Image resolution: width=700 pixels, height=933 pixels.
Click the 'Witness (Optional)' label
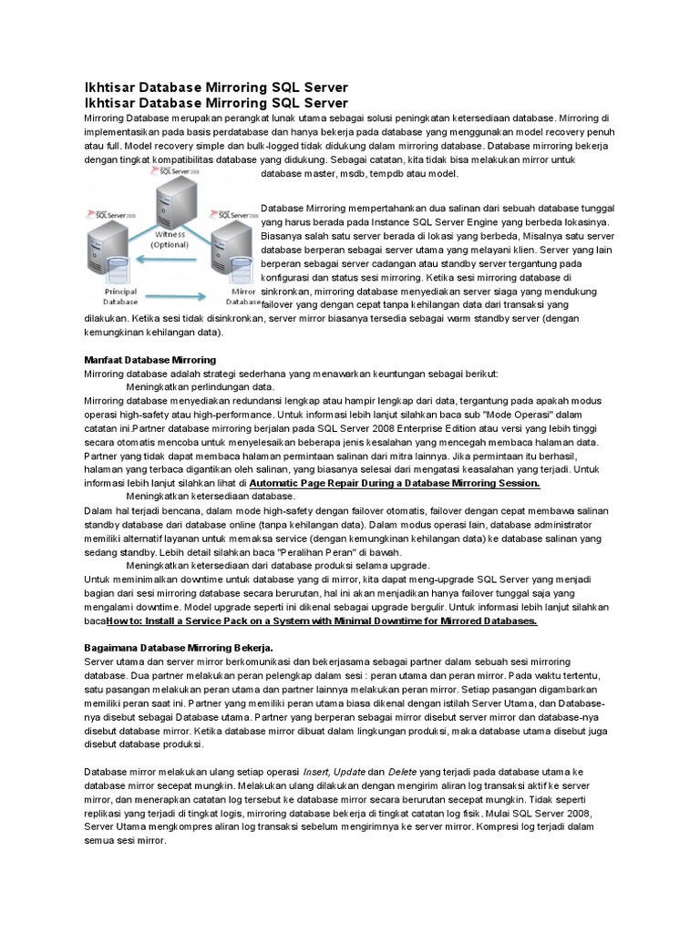point(170,239)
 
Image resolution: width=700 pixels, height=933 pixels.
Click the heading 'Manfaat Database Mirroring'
point(149,360)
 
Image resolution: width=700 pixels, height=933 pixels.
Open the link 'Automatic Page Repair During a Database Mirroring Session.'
point(395,483)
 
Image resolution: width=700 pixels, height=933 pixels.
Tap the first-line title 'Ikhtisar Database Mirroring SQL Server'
point(216,87)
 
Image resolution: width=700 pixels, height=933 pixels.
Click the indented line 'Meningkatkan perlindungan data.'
point(193,386)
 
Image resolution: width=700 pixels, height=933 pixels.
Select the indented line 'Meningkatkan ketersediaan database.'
point(210,497)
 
